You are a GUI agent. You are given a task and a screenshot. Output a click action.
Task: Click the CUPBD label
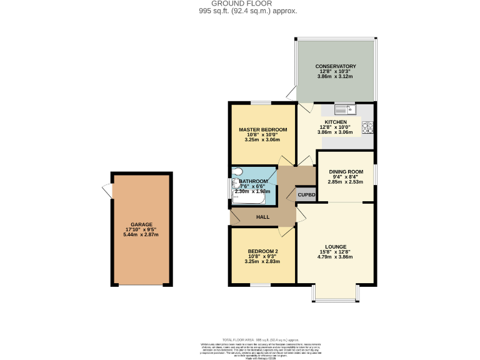click(x=306, y=195)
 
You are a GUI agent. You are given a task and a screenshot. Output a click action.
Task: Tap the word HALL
click(x=262, y=217)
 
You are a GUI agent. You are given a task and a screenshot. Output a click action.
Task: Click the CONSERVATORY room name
click(x=336, y=66)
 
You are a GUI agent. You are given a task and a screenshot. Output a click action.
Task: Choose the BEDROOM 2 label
click(x=263, y=251)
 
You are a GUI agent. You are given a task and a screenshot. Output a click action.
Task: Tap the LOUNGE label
click(x=336, y=246)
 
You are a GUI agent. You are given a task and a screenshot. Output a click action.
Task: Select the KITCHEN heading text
click(x=336, y=122)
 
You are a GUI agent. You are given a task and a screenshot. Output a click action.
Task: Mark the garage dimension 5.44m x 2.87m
click(x=141, y=234)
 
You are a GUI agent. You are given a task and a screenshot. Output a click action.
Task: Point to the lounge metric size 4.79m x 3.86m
click(x=336, y=256)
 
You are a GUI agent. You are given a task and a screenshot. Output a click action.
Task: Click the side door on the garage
click(x=108, y=191)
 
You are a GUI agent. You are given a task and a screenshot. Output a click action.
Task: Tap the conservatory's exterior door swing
click(x=291, y=94)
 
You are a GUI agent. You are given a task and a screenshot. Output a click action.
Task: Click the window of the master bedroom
click(x=261, y=102)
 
